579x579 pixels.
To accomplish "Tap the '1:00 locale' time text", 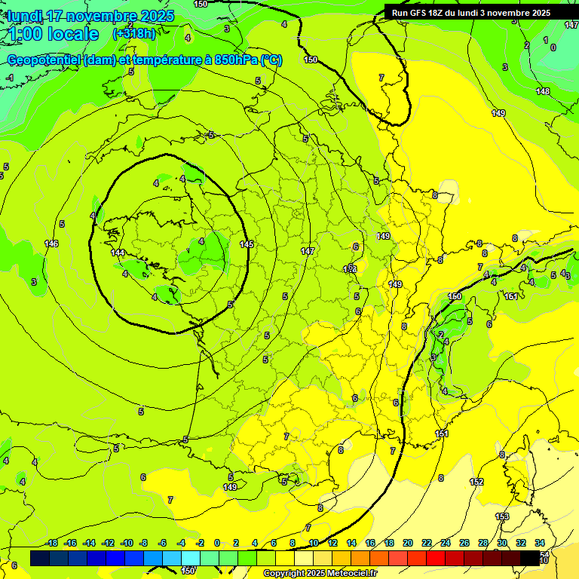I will [54, 34].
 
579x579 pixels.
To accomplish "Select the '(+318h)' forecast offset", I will [134, 34].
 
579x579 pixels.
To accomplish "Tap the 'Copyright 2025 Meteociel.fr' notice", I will [320, 574].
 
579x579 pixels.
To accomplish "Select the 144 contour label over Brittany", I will [117, 253].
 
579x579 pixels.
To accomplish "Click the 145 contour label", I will [247, 244].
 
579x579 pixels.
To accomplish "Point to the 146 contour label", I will [51, 244].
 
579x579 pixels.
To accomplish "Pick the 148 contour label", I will [543, 91].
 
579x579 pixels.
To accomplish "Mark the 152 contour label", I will [476, 482].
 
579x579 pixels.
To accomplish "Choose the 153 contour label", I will [502, 516].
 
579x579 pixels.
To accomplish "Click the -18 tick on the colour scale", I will [51, 543].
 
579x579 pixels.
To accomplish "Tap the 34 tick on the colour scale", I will [540, 543].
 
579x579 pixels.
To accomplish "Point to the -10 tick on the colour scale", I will [127, 543].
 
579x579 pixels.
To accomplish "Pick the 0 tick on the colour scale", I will [217, 543].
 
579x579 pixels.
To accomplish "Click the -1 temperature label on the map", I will [10, 78].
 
